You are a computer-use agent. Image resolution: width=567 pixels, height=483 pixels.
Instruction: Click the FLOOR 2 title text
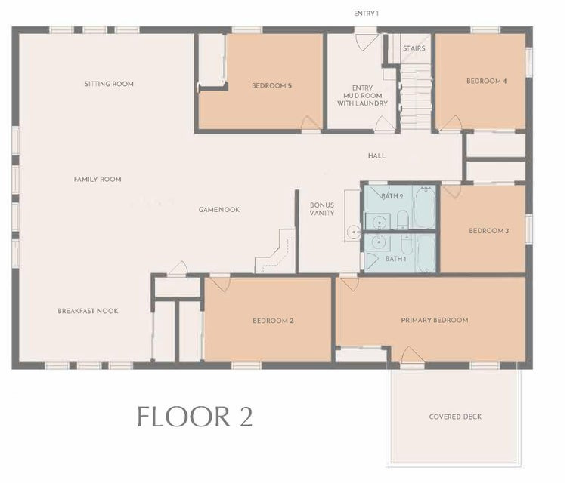194,417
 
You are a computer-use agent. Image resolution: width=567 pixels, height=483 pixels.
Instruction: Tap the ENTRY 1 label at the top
366,14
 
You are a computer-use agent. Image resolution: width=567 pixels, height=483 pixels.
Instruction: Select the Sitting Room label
109,84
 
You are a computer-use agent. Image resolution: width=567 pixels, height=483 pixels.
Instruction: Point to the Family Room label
98,180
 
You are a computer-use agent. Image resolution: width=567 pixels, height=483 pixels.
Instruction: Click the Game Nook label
219,210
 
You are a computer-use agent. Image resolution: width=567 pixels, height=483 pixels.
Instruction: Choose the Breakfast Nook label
88,311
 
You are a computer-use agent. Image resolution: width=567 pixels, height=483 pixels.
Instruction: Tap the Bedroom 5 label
271,86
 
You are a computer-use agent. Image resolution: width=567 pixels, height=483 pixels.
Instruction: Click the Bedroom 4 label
486,81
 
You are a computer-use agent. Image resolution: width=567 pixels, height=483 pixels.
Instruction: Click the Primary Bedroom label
434,320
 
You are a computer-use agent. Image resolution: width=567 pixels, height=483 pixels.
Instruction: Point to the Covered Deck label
454,417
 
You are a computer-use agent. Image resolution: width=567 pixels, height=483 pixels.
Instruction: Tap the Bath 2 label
393,196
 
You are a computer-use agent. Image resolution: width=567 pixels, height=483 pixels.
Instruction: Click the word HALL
376,156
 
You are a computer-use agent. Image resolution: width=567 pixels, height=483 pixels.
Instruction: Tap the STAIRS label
414,48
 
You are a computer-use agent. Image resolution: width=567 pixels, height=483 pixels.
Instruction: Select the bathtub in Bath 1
426,254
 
